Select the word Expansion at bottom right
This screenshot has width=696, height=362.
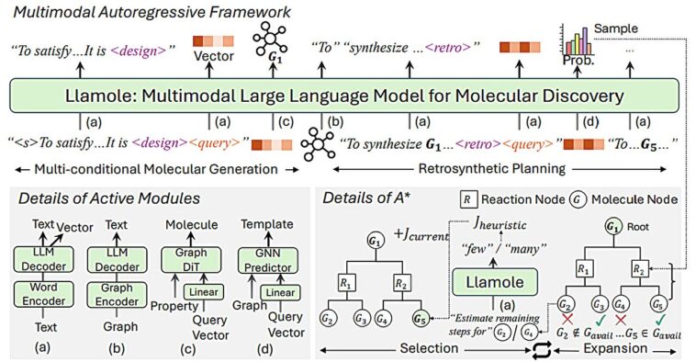pyautogui.click(x=628, y=350)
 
